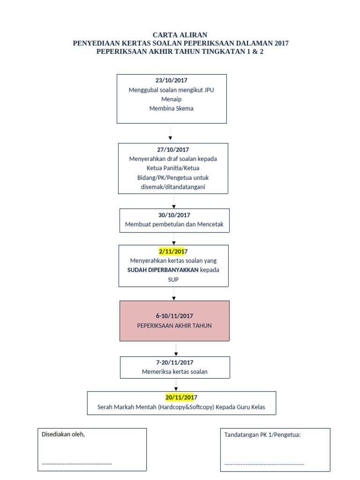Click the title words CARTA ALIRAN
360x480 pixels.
point(180,35)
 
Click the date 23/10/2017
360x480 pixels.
point(171,81)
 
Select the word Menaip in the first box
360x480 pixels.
point(171,99)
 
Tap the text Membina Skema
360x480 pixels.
point(171,109)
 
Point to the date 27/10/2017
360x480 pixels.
point(173,150)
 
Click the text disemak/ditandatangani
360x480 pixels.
point(173,187)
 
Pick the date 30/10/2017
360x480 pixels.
point(174,215)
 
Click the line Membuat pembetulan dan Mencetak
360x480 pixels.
point(174,225)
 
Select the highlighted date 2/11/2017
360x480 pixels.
point(173,252)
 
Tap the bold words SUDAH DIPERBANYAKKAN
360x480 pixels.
point(163,270)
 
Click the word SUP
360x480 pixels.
point(173,280)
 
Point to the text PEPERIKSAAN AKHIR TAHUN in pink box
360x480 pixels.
point(174,326)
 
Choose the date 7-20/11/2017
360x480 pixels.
point(174,363)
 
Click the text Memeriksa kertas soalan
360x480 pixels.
point(174,372)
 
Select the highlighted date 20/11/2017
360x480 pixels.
point(181,397)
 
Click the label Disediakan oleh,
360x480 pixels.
point(63,435)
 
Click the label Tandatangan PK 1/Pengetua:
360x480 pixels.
point(262,435)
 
